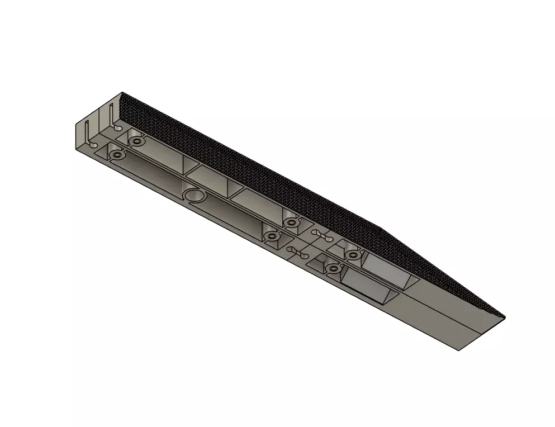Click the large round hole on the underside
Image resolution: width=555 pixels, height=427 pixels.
(195, 195)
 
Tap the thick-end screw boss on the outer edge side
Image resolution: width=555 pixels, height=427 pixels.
(117, 154)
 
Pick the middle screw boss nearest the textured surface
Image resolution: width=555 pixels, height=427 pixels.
(290, 223)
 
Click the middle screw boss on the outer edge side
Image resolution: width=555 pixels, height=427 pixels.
(272, 237)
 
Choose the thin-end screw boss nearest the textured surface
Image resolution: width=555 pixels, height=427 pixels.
(353, 255)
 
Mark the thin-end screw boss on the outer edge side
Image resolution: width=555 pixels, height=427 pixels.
(334, 269)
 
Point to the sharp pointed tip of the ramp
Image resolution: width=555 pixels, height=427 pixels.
(504, 318)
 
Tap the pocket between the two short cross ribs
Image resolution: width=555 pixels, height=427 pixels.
(208, 178)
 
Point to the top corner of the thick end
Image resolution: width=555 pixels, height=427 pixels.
(122, 93)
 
